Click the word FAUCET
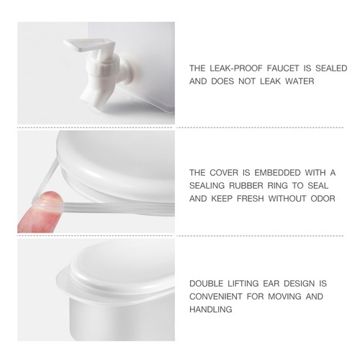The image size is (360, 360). point(283,68)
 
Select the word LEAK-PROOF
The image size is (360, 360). point(236,68)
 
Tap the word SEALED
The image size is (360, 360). point(331,68)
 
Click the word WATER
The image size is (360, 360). point(300,81)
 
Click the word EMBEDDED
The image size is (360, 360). point(277,173)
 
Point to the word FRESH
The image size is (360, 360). point(251,199)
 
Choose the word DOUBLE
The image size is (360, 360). point(206,284)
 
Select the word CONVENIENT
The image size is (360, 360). point(215,297)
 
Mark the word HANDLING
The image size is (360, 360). point(211,310)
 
